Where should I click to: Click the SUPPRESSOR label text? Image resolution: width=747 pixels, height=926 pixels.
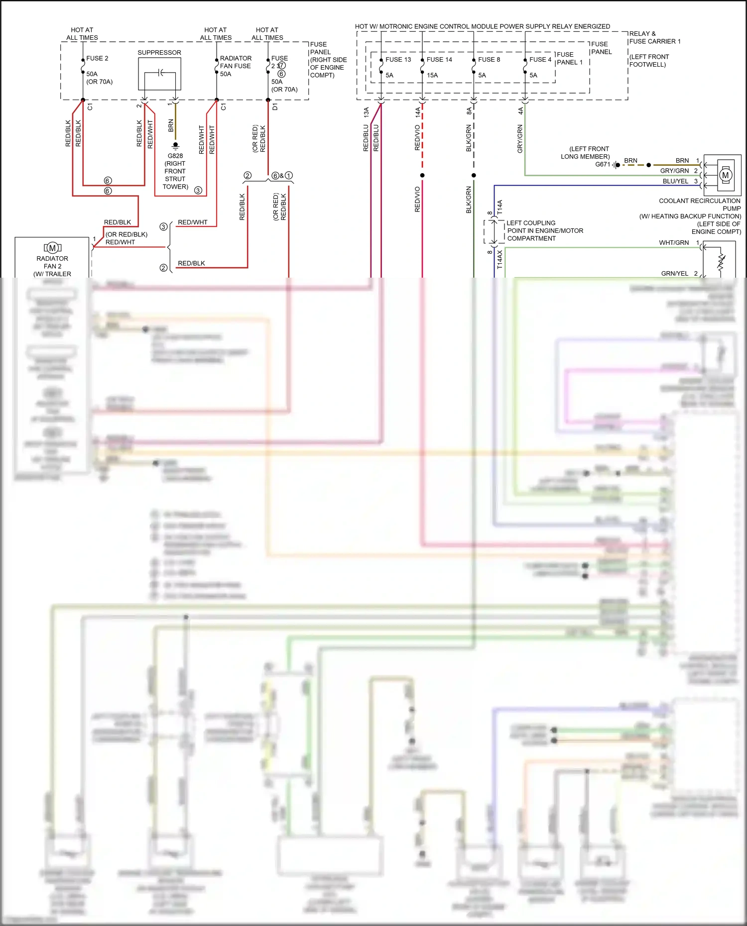pyautogui.click(x=159, y=52)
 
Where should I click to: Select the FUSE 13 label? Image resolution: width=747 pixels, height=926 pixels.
pyautogui.click(x=398, y=59)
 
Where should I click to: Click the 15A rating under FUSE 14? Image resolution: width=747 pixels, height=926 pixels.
pyautogui.click(x=432, y=75)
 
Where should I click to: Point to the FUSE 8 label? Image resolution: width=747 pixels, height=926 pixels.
pyautogui.click(x=489, y=59)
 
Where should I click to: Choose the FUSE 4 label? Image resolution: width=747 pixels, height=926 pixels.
pyautogui.click(x=540, y=59)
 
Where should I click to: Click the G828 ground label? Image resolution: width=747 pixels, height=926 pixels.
pyautogui.click(x=175, y=156)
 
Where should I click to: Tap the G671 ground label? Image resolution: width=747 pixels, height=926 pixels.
pyautogui.click(x=603, y=164)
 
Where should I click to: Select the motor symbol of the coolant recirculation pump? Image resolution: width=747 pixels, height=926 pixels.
pyautogui.click(x=725, y=175)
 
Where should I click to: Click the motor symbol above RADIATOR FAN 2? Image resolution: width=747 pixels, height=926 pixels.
pyautogui.click(x=52, y=248)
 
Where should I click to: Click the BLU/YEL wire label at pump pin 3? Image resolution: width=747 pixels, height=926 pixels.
pyautogui.click(x=675, y=181)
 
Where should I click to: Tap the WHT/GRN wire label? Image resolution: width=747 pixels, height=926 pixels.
pyautogui.click(x=674, y=242)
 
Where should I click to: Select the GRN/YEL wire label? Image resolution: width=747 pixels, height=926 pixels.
pyautogui.click(x=674, y=273)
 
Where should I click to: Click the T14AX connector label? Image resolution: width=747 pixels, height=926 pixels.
pyautogui.click(x=499, y=260)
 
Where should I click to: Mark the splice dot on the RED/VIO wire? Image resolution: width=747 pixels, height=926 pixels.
pyautogui.click(x=422, y=175)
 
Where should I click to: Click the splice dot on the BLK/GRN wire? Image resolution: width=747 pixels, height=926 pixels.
pyautogui.click(x=474, y=175)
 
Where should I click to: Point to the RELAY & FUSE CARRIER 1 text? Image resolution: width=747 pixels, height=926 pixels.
pyautogui.click(x=654, y=37)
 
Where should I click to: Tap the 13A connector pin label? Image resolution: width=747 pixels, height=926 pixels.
pyautogui.click(x=366, y=112)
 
